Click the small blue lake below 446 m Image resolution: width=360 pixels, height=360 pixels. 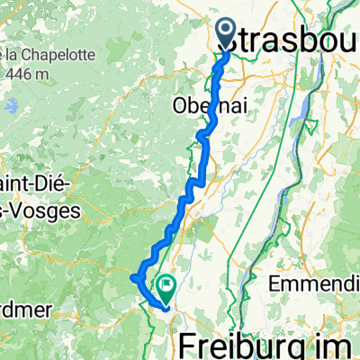(x=11, y=106)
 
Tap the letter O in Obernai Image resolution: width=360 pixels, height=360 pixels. (x=179, y=105)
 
